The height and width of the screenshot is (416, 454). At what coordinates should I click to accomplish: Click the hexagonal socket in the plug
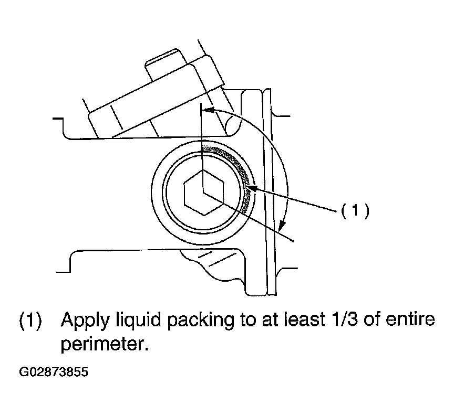(x=204, y=192)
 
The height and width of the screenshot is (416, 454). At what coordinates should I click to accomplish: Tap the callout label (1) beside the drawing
(x=355, y=210)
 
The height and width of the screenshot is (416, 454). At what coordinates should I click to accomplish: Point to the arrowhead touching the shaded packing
(x=251, y=188)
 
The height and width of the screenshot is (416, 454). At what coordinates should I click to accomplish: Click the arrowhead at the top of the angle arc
(x=209, y=110)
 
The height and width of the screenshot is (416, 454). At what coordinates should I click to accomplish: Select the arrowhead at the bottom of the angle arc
(x=281, y=225)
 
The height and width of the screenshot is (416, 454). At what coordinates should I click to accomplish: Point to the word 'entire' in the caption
(x=410, y=319)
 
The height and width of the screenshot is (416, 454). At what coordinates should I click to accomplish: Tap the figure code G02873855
(x=53, y=372)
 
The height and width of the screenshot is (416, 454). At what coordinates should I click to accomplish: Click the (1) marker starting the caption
(x=30, y=321)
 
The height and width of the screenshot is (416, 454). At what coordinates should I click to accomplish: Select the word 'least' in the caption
(x=304, y=319)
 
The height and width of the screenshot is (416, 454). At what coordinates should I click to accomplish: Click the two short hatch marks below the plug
(x=217, y=259)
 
